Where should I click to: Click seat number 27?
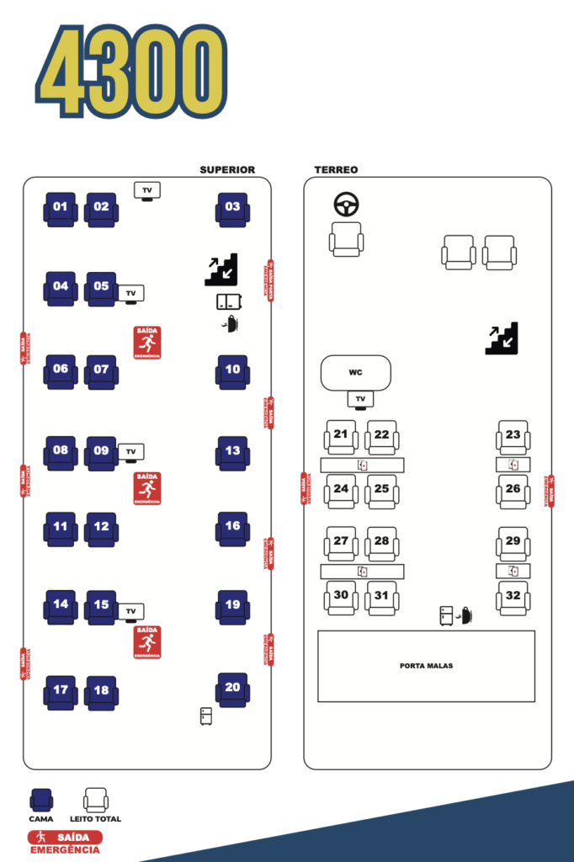point(341,543)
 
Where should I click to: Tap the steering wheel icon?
point(346,204)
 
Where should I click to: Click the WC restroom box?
point(356,373)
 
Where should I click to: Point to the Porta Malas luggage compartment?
point(426,666)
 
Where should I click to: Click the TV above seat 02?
point(147,191)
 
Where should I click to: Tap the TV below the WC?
point(360,399)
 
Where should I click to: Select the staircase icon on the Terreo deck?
point(502,338)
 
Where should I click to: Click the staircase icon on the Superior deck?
point(221,269)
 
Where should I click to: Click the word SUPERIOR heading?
point(227,170)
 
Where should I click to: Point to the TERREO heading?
point(336,170)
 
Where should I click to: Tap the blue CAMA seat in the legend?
point(41,800)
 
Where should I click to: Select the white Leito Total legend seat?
point(96,800)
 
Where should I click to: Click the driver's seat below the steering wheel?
point(346,238)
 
